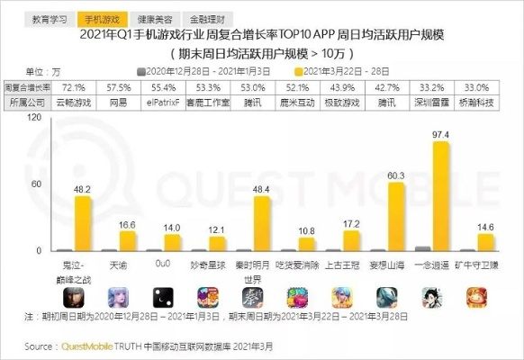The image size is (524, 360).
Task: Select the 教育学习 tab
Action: click(50, 17)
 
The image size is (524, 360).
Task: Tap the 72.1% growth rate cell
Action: click(73, 88)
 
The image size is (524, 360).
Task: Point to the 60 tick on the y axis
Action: click(37, 184)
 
